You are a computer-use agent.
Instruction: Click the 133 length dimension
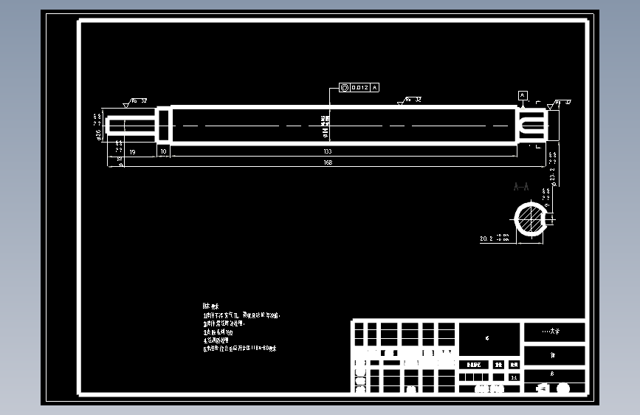pyautogui.click(x=327, y=151)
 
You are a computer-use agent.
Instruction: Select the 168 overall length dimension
pyautogui.click(x=327, y=162)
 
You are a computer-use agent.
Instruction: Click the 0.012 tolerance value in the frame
pyautogui.click(x=359, y=88)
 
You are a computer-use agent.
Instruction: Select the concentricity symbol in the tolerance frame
pyautogui.click(x=345, y=88)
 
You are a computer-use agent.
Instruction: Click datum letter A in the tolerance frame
pyautogui.click(x=375, y=88)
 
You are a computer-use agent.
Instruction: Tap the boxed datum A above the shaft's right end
pyautogui.click(x=523, y=95)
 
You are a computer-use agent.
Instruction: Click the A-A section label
pyautogui.click(x=521, y=188)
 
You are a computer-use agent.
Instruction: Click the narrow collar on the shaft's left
pyautogui.click(x=163, y=125)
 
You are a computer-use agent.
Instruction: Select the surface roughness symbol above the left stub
pyautogui.click(x=127, y=104)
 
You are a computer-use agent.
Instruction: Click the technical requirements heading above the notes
pyautogui.click(x=210, y=306)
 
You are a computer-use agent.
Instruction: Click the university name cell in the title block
pyautogui.click(x=554, y=332)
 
